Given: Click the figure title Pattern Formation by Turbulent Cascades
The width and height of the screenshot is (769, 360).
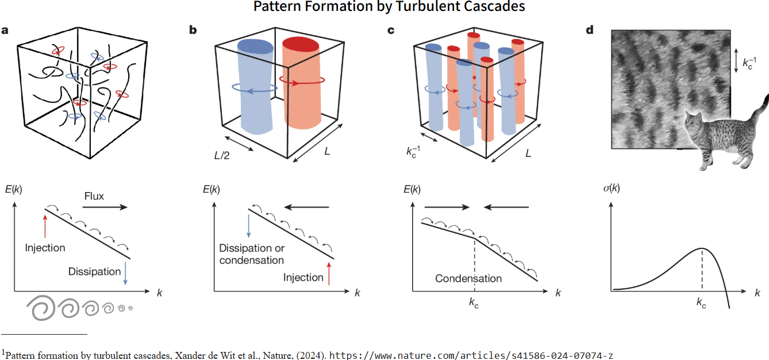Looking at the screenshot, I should [x=389, y=7].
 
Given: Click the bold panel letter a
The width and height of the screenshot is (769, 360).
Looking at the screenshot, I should [x=5, y=30].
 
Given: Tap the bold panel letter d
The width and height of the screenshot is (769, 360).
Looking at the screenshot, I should [x=589, y=30].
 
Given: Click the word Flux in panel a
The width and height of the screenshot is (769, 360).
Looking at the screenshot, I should [x=94, y=196].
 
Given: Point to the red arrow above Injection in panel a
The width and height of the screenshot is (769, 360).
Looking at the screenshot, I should [x=44, y=225].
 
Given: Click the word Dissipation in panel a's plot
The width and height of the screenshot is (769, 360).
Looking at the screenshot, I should [x=94, y=271].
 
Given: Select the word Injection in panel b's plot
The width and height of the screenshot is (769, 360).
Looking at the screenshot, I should [x=303, y=278].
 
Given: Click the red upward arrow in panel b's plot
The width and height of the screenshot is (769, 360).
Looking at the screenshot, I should [x=329, y=273].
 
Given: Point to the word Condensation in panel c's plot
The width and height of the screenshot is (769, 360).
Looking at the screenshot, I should [x=468, y=279].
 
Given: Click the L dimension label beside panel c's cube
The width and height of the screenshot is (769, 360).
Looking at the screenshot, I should [x=527, y=154].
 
